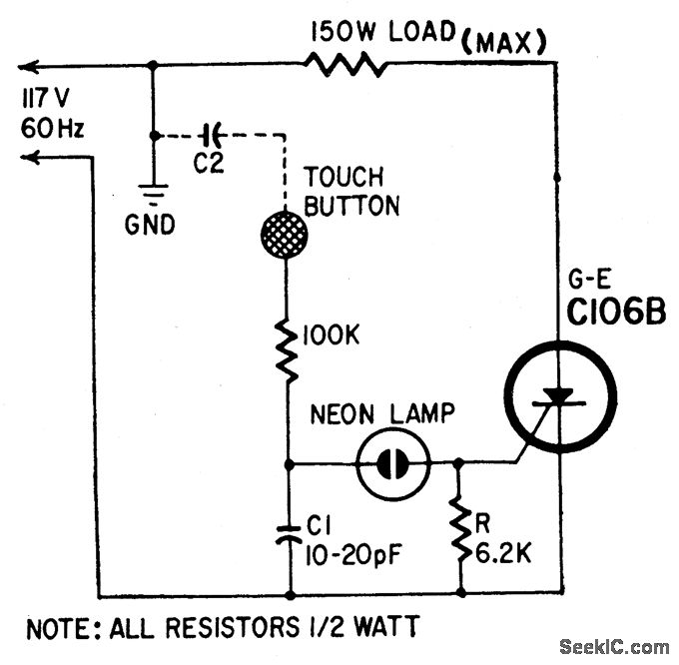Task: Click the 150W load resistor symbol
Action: (x=344, y=65)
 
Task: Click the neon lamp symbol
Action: (x=393, y=463)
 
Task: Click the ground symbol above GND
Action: (x=152, y=195)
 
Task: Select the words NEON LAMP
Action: (x=379, y=414)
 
